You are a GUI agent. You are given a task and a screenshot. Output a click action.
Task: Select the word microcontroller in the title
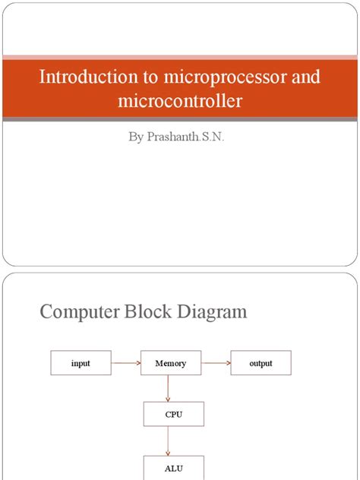pyautogui.click(x=180, y=100)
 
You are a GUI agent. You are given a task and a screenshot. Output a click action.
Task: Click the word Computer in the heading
pyautogui.click(x=82, y=311)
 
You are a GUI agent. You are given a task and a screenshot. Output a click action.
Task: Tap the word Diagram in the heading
pyautogui.click(x=213, y=311)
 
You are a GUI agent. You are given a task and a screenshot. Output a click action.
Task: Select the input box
pyautogui.click(x=81, y=363)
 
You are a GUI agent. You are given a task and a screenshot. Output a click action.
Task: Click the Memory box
pyautogui.click(x=170, y=363)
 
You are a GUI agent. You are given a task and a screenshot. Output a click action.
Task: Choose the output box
pyautogui.click(x=261, y=363)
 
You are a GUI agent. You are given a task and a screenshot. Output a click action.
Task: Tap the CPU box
pyautogui.click(x=174, y=415)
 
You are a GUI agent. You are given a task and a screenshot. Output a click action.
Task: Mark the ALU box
pyautogui.click(x=174, y=468)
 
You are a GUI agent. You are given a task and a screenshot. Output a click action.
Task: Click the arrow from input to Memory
pyautogui.click(x=126, y=363)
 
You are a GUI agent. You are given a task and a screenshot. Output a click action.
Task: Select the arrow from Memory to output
pyautogui.click(x=216, y=363)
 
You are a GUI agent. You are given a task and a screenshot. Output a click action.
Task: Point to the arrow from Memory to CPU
pyautogui.click(x=169, y=389)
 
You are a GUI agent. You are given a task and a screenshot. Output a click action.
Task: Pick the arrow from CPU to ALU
pyautogui.click(x=169, y=441)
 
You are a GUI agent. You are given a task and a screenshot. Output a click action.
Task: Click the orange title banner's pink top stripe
pyautogui.click(x=180, y=56)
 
